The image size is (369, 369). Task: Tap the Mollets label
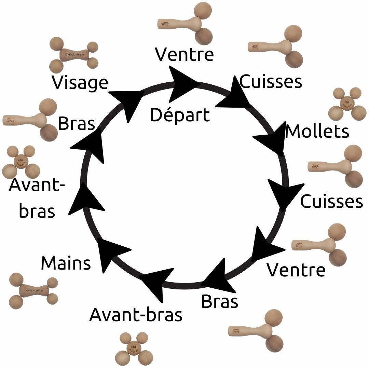pos(317,132)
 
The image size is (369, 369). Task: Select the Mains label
pos(66,263)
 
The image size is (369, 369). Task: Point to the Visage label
pos(80,83)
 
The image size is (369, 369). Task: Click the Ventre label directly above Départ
pos(184,54)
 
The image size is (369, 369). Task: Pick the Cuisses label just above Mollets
pos(271,81)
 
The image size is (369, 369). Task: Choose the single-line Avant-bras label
pos(136,314)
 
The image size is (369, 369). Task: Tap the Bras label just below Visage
pos(76,123)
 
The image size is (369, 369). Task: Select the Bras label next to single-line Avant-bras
pos(219,301)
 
